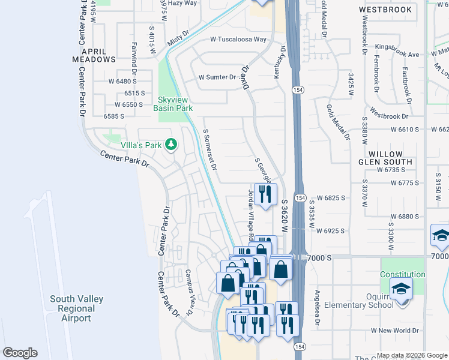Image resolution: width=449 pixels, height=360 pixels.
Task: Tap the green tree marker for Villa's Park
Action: click(172, 145)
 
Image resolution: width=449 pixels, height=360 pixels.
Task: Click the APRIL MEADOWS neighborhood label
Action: click(94, 55)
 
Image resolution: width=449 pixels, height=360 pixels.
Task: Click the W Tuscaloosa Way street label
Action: click(238, 40)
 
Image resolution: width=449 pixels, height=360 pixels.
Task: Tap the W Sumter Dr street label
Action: click(217, 77)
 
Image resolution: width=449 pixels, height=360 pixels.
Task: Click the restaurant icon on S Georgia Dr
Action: click(265, 193)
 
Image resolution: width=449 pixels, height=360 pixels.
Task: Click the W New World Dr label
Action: click(394, 331)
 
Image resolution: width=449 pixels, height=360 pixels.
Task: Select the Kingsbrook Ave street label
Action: click(397, 54)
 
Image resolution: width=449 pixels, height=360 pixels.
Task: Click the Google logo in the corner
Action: click(20, 353)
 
